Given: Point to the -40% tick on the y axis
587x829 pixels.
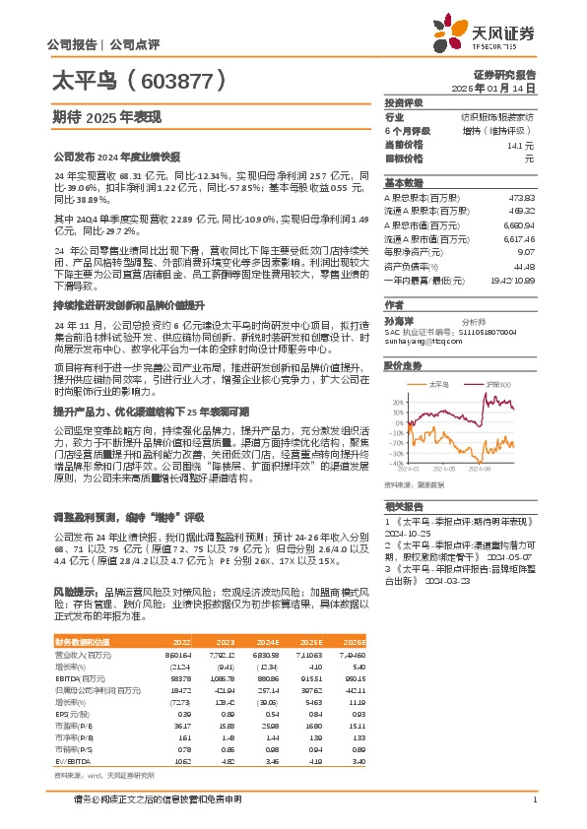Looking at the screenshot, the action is click(396, 463).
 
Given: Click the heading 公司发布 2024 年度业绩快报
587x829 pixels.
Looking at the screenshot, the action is click(117, 156).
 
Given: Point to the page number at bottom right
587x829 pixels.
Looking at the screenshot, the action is click(534, 798).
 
